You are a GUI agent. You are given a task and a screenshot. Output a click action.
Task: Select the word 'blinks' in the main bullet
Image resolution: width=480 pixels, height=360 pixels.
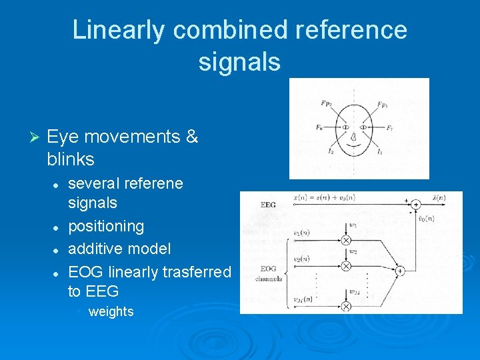click(71, 159)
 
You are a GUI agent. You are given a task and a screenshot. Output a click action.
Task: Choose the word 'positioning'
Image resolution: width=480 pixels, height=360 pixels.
click(106, 226)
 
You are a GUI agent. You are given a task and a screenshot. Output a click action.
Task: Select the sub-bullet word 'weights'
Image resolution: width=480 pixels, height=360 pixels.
click(111, 311)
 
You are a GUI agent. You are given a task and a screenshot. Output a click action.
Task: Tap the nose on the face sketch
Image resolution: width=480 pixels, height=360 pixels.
click(355, 137)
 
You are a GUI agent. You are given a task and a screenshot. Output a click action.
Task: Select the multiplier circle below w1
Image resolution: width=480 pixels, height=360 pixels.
click(346, 240)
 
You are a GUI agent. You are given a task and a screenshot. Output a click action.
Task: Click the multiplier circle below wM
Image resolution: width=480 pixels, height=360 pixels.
click(346, 306)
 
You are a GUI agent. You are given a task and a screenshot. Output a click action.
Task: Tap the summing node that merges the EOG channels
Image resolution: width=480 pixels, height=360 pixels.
click(400, 271)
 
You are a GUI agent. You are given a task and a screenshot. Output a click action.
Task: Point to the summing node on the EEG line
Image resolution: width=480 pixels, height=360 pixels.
click(415, 204)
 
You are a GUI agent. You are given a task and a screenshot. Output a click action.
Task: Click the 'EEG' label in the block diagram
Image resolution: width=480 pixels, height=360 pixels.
click(267, 205)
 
